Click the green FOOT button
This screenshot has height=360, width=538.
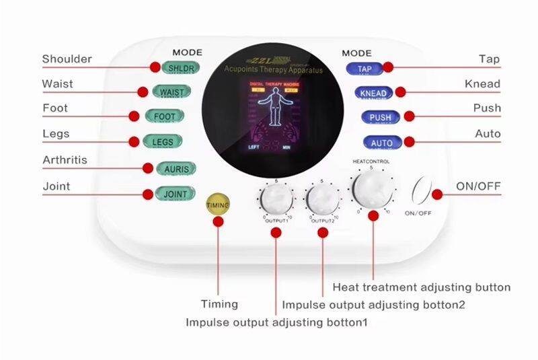164,116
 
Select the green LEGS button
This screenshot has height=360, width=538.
163,141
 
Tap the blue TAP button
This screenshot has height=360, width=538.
364,68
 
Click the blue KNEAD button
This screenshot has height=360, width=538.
373,92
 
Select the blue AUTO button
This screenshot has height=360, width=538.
381,143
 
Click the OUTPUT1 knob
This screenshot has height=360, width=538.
275,199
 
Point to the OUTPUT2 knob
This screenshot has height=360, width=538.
323,199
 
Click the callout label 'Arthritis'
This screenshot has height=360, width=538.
65,161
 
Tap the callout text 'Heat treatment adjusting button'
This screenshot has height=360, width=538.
422,287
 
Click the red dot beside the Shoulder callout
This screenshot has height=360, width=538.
153,67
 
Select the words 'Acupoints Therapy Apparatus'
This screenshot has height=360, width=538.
273,69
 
